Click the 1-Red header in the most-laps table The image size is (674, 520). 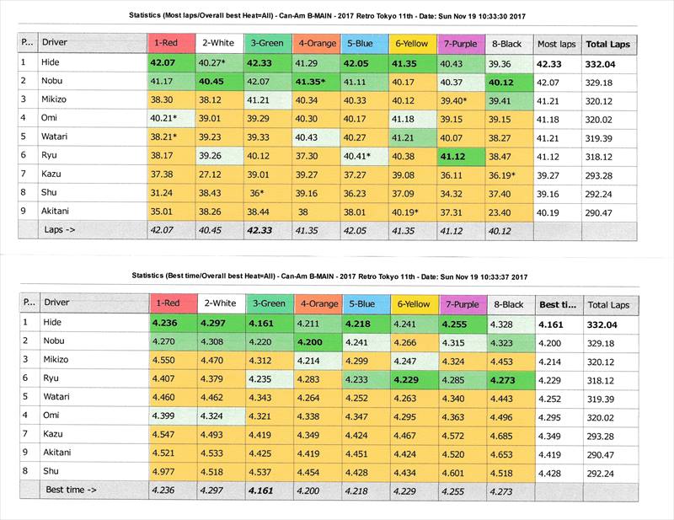click(169, 44)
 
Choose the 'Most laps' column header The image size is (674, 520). click(557, 44)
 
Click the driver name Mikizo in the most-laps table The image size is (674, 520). click(60, 100)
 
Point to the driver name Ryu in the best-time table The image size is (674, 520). click(52, 379)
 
